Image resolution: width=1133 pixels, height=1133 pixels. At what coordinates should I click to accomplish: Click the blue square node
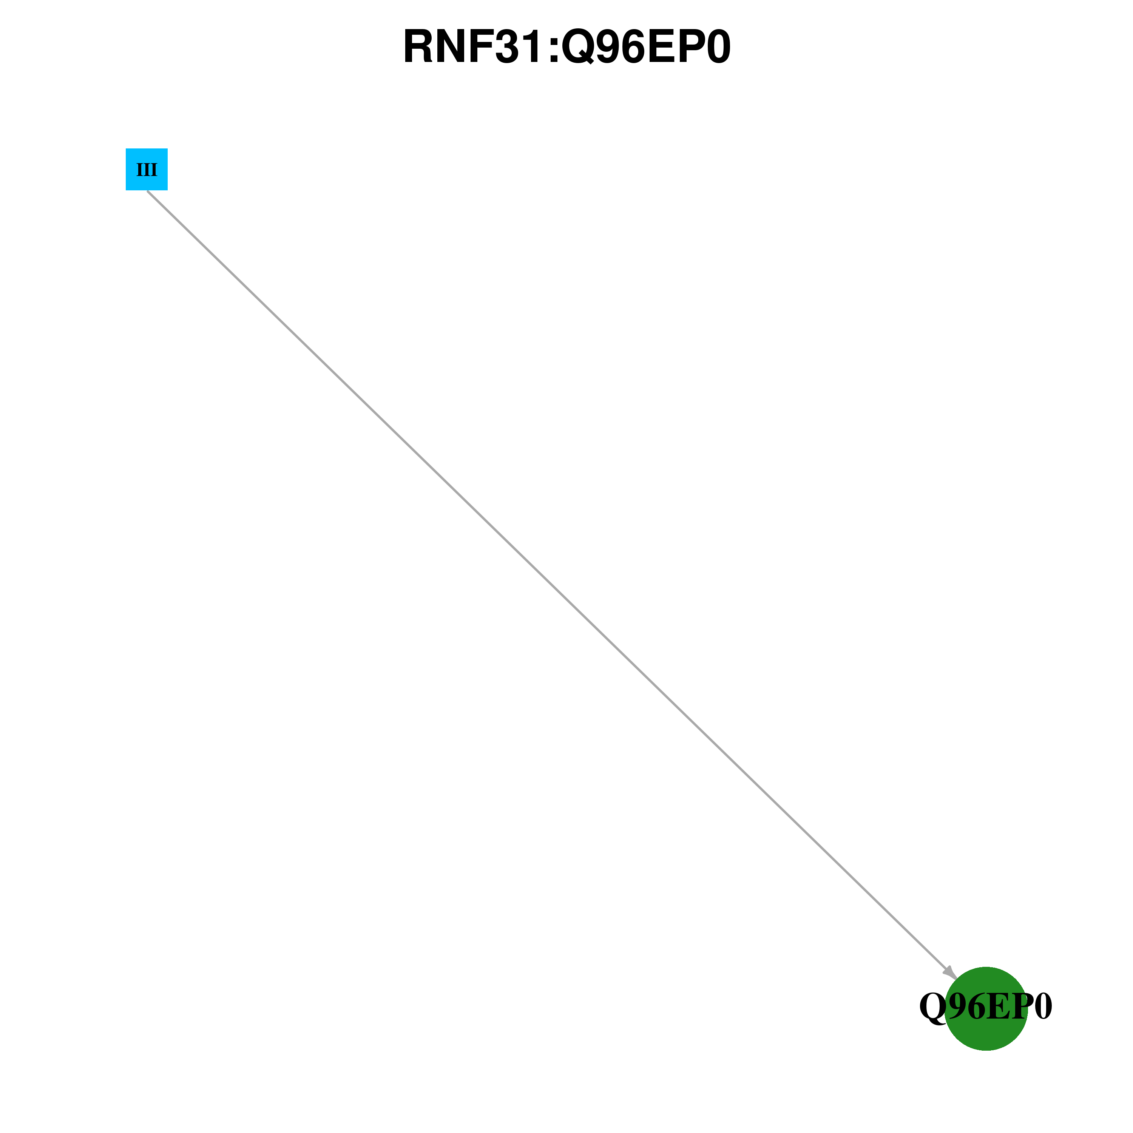147,170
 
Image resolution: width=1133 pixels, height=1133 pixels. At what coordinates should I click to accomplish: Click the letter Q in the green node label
932,1008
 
